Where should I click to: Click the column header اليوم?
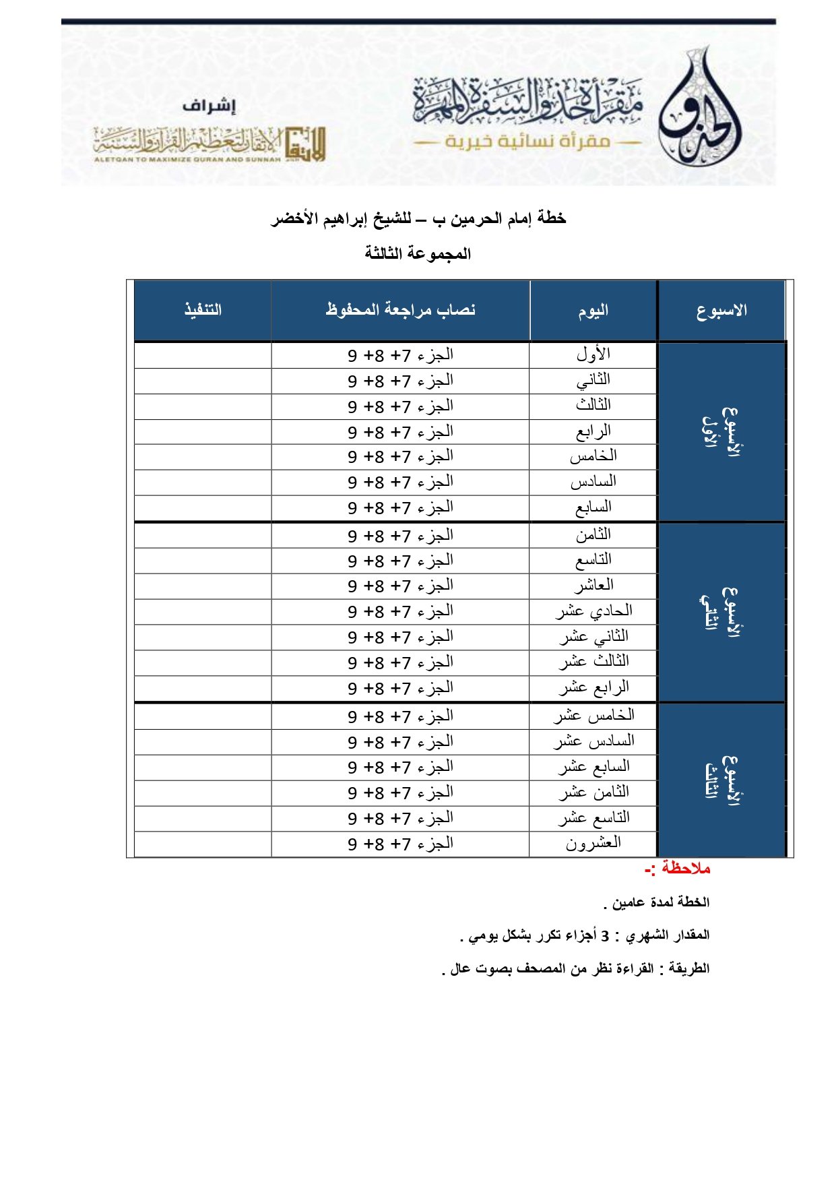tap(593, 311)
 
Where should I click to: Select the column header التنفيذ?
tap(203, 310)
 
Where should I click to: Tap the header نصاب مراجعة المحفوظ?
tap(400, 310)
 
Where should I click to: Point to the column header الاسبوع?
tap(721, 311)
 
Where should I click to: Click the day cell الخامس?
tap(593, 456)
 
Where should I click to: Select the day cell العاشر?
tap(593, 585)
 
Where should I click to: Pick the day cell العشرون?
tap(593, 843)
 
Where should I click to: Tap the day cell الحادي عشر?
tap(593, 611)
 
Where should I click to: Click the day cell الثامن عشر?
tap(593, 792)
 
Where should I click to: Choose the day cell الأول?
tap(593, 354)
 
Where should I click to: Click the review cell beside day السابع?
tap(400, 507)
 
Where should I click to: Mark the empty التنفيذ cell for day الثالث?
tap(203, 406)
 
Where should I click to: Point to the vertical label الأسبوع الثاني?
tap(721, 611)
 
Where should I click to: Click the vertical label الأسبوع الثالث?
tap(721, 780)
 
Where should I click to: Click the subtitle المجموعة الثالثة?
tap(418, 254)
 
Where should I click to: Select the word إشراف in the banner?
tap(210, 106)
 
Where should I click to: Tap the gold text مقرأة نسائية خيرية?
tap(527, 142)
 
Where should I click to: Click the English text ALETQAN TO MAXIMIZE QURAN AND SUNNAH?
tap(187, 160)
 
